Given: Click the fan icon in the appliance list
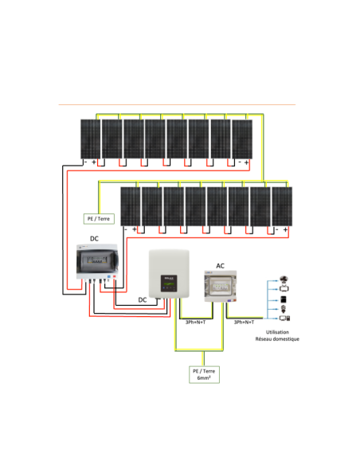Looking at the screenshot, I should [285, 280].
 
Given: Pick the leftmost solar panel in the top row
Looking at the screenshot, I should [89, 139].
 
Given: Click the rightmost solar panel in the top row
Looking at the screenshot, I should [241, 139].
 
